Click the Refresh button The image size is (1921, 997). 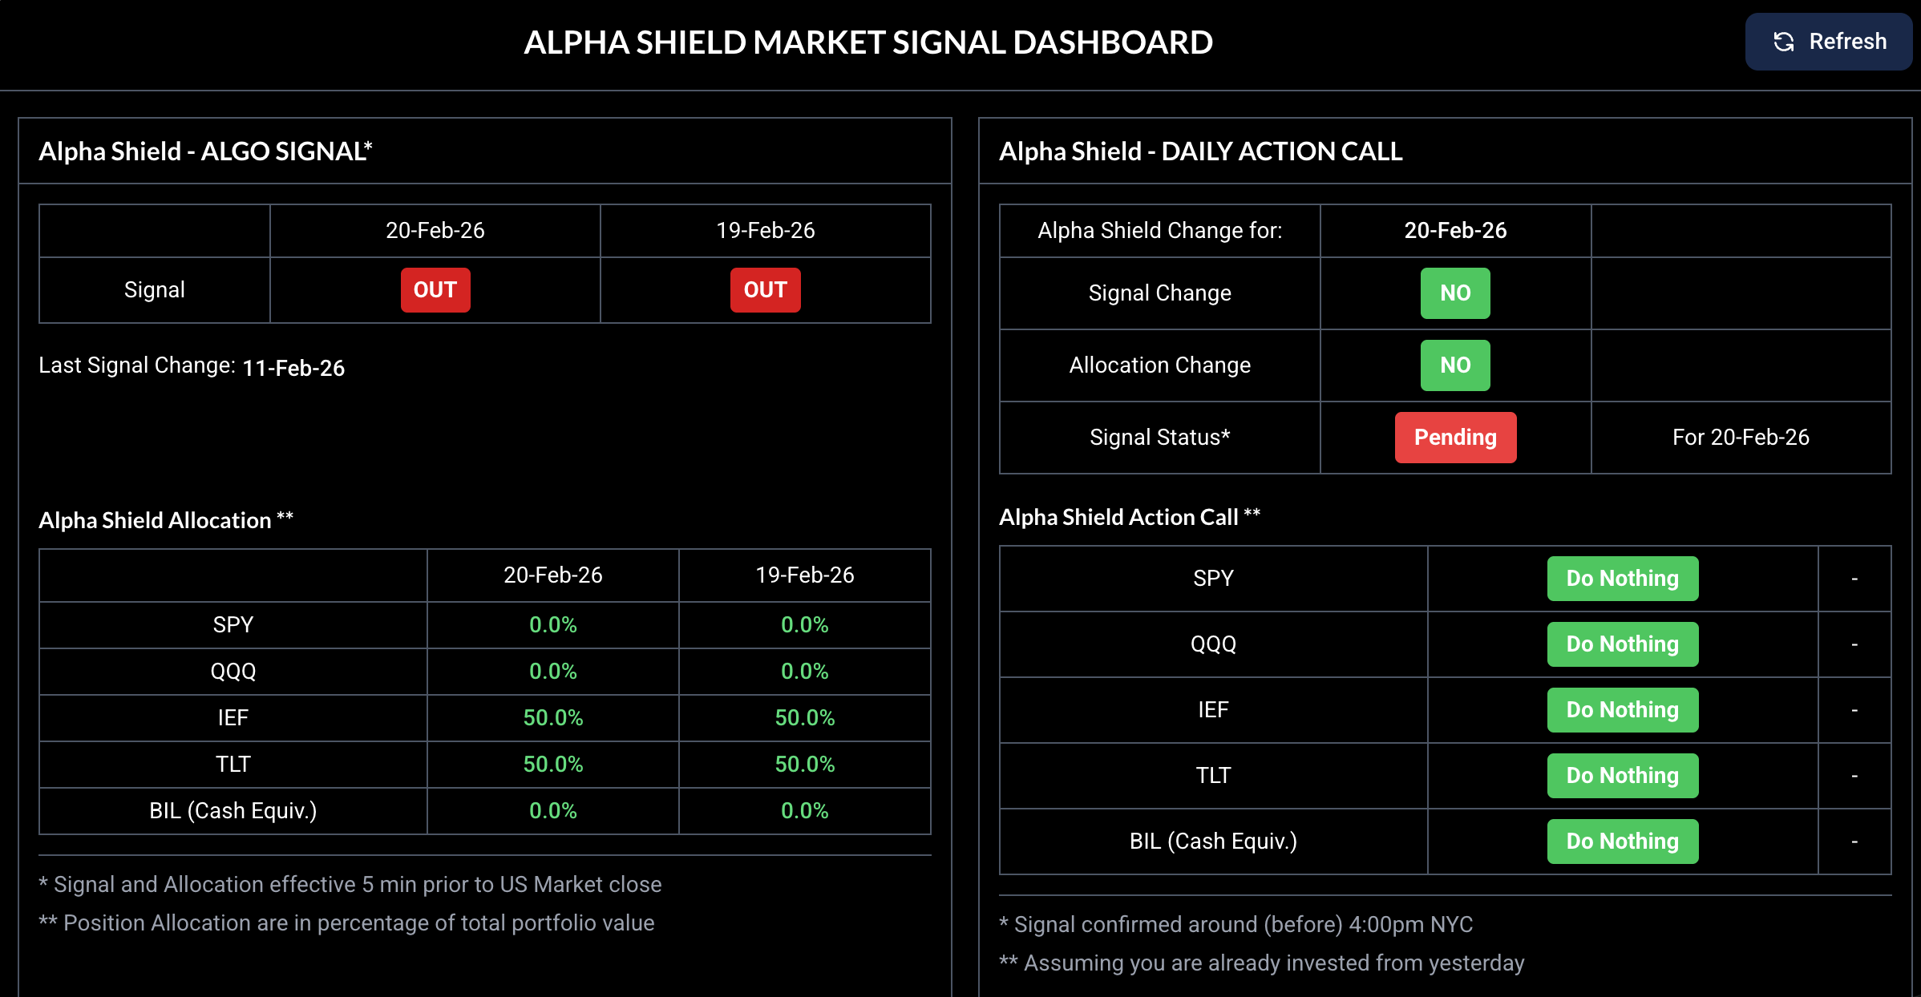(x=1829, y=42)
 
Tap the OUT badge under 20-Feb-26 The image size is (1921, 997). (x=435, y=290)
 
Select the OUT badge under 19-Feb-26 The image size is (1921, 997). (x=765, y=290)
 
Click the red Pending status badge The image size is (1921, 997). (x=1455, y=438)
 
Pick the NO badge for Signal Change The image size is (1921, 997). (x=1455, y=293)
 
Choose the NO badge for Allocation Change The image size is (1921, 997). (x=1455, y=365)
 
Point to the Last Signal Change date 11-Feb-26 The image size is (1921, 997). (x=293, y=368)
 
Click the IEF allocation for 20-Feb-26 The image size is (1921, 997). (x=552, y=718)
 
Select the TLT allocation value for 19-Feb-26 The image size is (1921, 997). (x=804, y=765)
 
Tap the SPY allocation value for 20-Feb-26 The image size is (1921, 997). (x=552, y=625)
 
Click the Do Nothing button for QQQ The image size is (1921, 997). (x=1622, y=644)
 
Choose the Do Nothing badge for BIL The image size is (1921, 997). (x=1622, y=842)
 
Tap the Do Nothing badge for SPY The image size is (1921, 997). (x=1622, y=579)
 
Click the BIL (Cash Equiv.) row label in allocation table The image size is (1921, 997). (x=233, y=811)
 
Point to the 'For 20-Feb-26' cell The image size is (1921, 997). (x=1741, y=438)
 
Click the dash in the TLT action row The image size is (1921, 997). (x=1854, y=776)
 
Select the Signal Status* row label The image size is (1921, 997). (x=1159, y=438)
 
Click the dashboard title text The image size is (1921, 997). (x=867, y=42)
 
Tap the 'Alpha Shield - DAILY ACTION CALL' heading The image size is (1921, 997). (x=1200, y=151)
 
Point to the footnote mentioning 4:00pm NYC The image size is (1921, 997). (x=1236, y=925)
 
